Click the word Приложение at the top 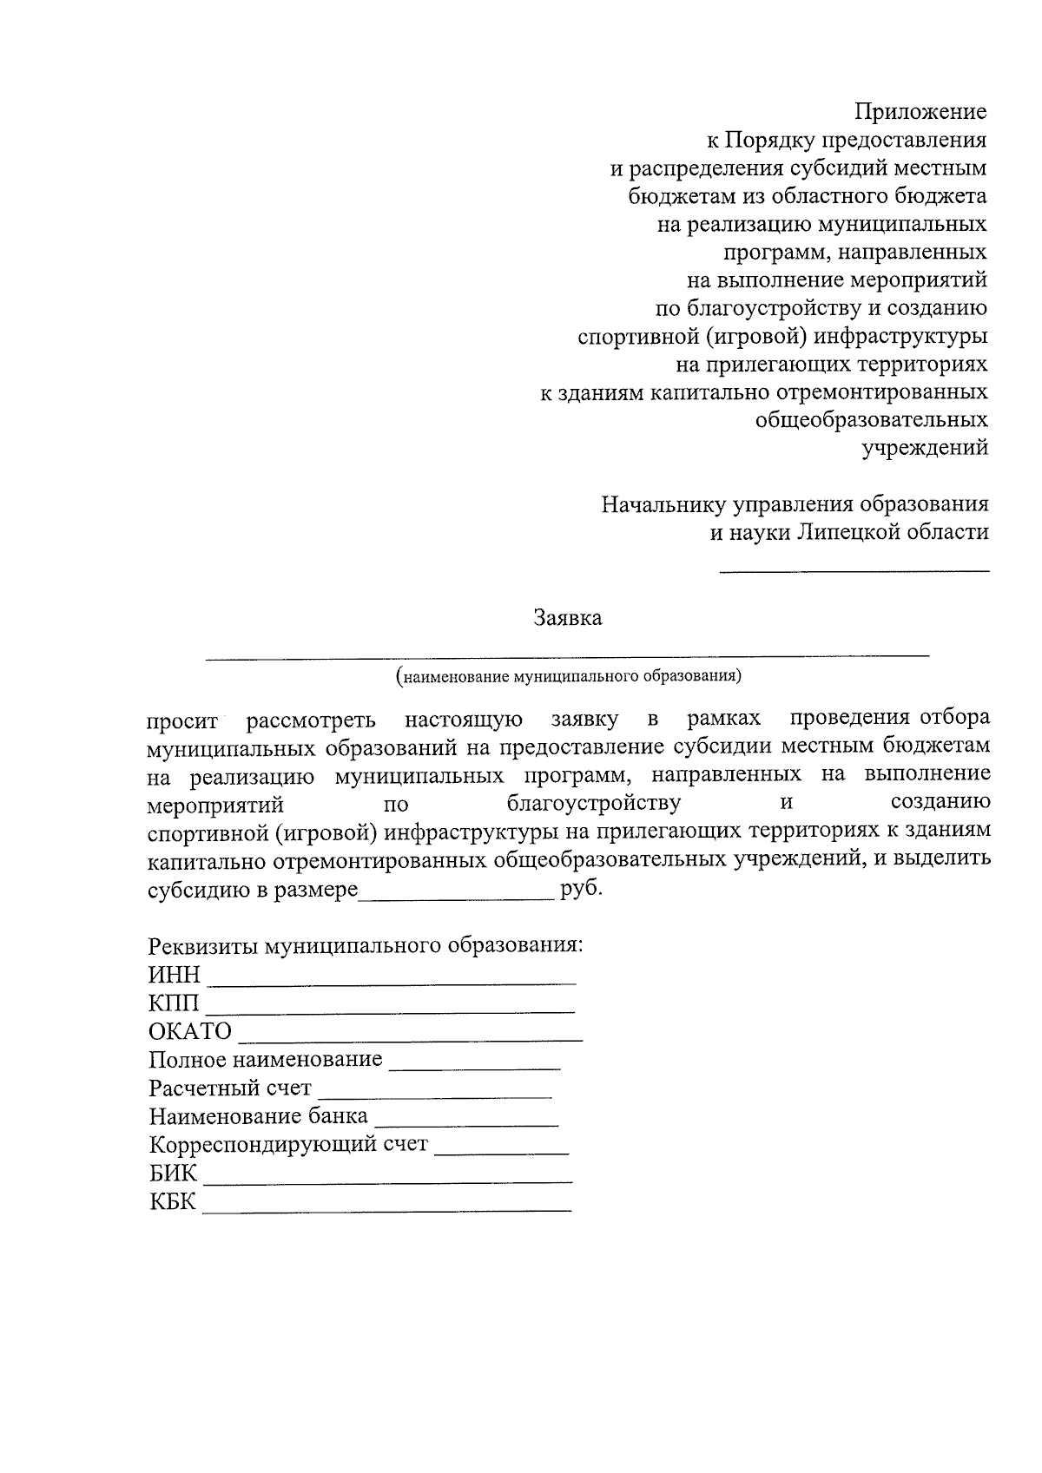coord(920,112)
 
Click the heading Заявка coord(567,619)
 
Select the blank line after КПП coord(391,1010)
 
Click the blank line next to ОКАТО coord(410,1038)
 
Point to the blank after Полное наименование coord(475,1067)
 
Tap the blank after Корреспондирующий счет coord(501,1152)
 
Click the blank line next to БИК coord(387,1180)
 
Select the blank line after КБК coord(387,1208)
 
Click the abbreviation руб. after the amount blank coord(581,890)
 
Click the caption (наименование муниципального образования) coord(568,675)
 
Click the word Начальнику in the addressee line coord(664,504)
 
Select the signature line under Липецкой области coord(854,570)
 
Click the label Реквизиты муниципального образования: coord(365,945)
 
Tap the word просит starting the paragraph coord(182,720)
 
